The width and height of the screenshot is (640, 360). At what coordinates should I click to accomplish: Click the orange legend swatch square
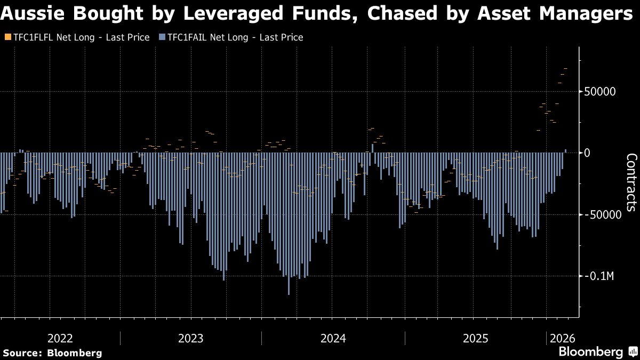click(x=7, y=37)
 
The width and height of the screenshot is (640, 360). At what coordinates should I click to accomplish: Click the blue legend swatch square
click(x=162, y=37)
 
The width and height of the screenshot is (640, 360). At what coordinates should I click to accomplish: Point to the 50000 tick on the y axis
click(x=600, y=91)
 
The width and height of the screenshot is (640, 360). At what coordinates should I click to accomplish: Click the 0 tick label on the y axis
click(x=587, y=153)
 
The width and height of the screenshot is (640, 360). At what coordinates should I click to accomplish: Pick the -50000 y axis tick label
click(x=602, y=214)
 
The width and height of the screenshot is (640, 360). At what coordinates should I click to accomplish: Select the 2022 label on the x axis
click(x=60, y=338)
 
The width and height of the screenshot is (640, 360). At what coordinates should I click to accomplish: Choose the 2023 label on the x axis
click(x=191, y=338)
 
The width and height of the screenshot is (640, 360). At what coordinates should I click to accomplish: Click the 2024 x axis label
click(x=333, y=338)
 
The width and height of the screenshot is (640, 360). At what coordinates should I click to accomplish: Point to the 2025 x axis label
click(x=476, y=338)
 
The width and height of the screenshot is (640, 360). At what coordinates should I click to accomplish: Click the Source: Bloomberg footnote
click(x=52, y=353)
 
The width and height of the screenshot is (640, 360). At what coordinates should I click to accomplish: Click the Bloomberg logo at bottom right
click(x=590, y=352)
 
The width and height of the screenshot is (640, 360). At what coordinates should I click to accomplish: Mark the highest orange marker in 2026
click(x=566, y=69)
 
